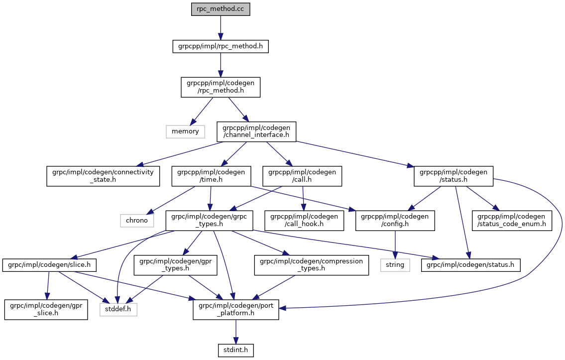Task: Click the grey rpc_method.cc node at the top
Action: coord(221,9)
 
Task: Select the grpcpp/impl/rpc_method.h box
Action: coord(221,47)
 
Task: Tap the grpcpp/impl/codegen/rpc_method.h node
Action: coord(221,87)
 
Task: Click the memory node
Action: coord(185,131)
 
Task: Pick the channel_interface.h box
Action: coord(256,131)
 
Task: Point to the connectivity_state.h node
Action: coord(104,176)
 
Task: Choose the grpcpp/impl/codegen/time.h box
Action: coord(211,176)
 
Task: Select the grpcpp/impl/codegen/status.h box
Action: coord(453,176)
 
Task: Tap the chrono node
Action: coord(137,220)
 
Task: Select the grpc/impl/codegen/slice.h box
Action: coord(49,265)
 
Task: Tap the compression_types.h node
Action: coord(312,265)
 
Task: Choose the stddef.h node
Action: coord(118,310)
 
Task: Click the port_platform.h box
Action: coord(236,310)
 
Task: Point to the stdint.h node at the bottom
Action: coord(236,350)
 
